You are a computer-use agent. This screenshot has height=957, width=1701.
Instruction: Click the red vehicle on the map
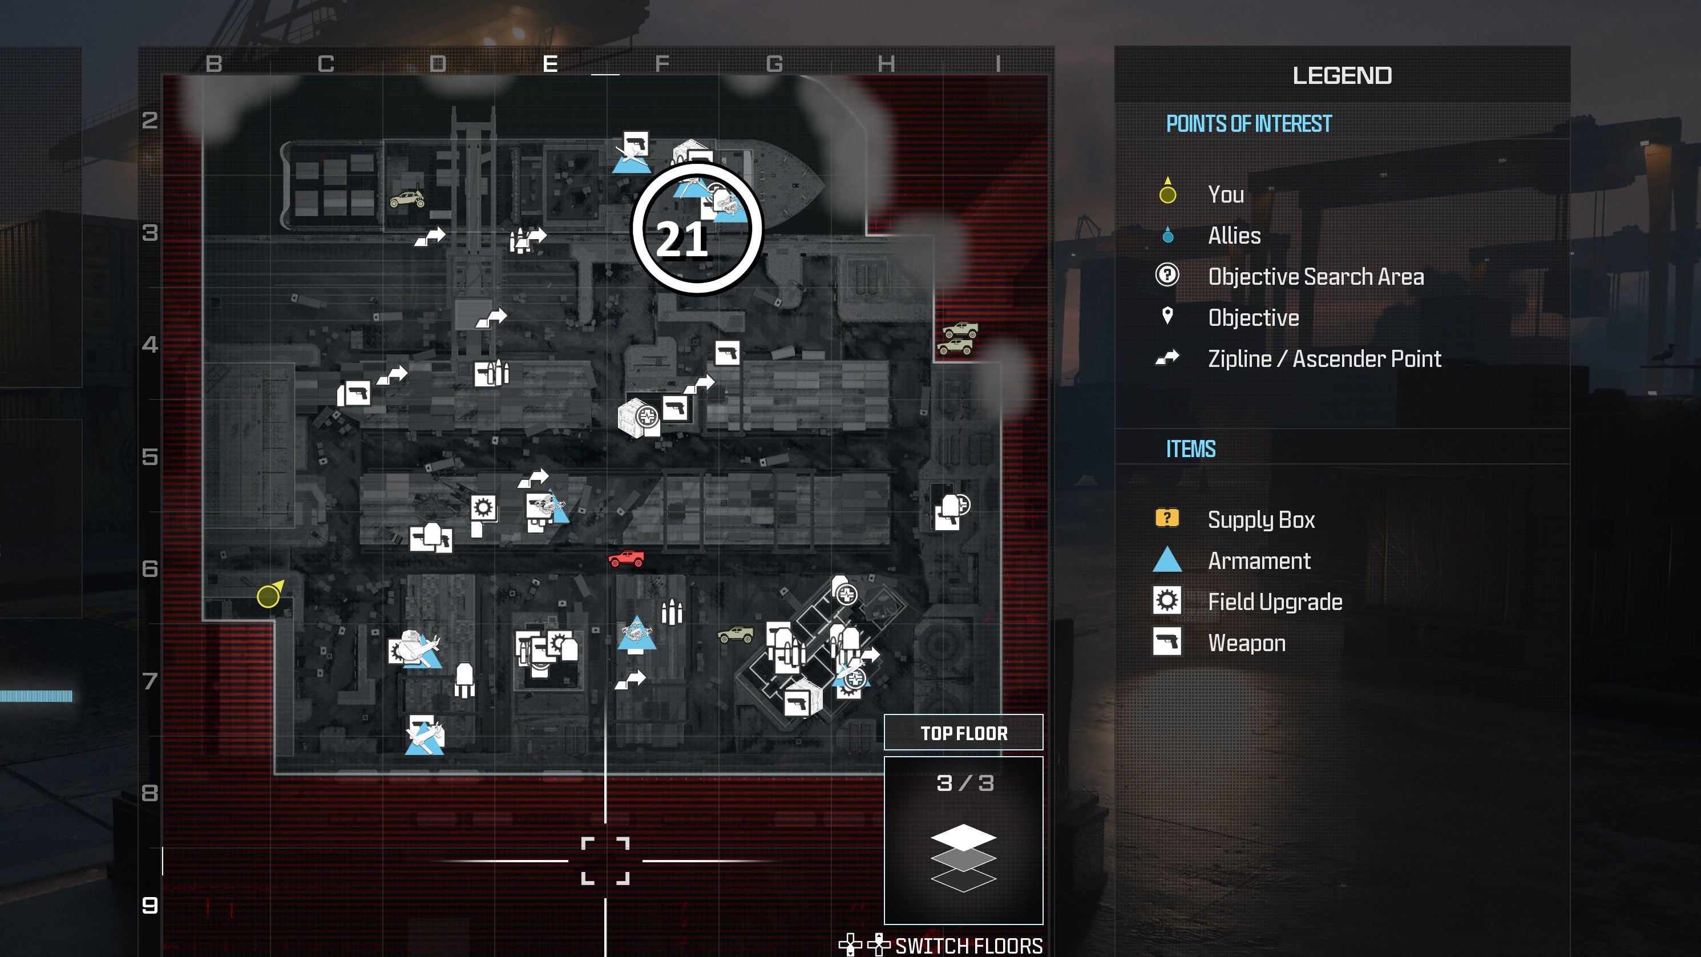(626, 559)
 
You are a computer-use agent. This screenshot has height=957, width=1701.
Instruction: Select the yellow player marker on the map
(268, 596)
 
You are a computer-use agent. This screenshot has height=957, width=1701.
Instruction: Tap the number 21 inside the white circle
(682, 239)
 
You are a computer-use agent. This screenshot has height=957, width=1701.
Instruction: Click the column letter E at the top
(550, 64)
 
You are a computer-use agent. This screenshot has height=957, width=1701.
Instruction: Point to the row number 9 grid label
(150, 905)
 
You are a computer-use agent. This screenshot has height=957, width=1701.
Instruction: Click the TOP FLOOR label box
(963, 733)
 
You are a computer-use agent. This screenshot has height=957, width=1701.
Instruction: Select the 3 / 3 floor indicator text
(965, 784)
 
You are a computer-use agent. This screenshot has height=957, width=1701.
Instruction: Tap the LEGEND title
(1342, 76)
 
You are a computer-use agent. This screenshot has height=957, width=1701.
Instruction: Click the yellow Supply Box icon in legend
(1167, 518)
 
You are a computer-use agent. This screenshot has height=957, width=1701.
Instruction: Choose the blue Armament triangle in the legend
(1167, 560)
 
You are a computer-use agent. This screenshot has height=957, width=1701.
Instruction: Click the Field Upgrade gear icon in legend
(1167, 601)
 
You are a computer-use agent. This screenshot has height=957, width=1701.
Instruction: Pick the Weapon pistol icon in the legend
(1167, 642)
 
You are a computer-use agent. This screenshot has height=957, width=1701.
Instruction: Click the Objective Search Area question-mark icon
(1167, 274)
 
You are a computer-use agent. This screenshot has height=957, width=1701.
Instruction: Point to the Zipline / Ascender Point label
(1324, 358)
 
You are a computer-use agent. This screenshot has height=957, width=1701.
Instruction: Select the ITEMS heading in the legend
(1190, 449)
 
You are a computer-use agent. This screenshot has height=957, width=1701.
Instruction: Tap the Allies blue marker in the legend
(1167, 235)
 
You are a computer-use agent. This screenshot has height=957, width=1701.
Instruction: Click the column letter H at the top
(886, 64)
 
